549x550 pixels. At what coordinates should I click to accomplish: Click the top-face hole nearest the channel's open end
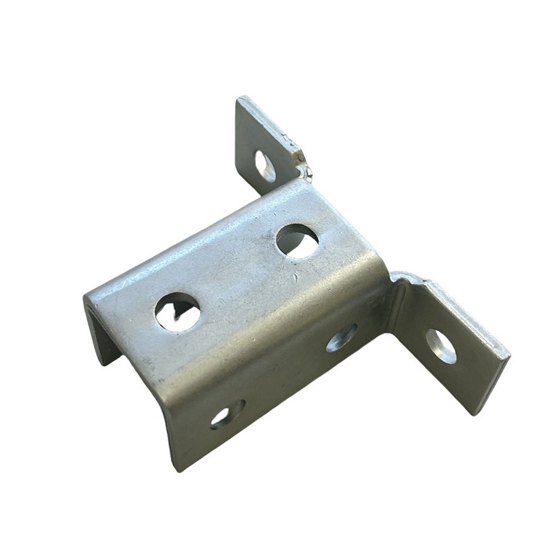coord(177,311)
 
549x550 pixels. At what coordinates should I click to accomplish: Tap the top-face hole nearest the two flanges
coord(297,241)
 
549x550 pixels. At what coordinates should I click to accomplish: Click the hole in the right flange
coord(440,345)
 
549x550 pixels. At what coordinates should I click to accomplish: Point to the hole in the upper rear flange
coord(265,166)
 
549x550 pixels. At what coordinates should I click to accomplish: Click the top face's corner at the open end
coord(86,297)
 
